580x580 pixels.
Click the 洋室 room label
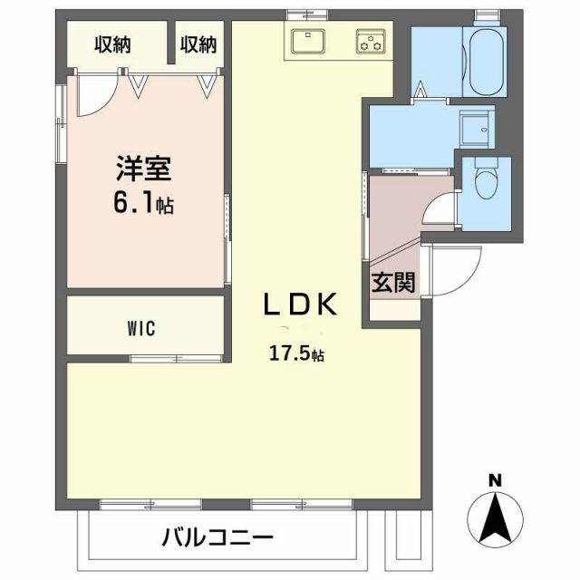(143, 169)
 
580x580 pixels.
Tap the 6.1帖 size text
(144, 203)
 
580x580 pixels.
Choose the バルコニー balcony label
(217, 538)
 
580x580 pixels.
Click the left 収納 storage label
(116, 43)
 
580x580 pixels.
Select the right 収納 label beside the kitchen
(198, 43)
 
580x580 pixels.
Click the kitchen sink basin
(310, 41)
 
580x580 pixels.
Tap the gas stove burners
(370, 41)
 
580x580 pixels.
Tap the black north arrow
(495, 517)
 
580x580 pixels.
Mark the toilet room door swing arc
(440, 216)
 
